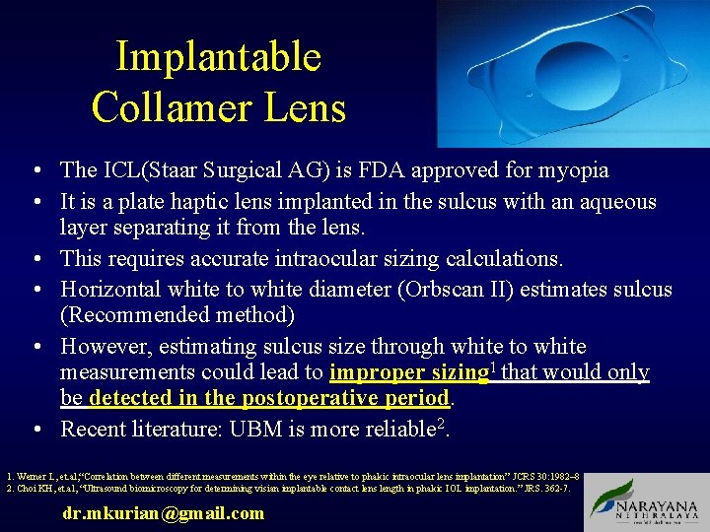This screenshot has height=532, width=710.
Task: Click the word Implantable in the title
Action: coord(218,56)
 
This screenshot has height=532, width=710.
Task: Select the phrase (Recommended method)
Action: coord(177,315)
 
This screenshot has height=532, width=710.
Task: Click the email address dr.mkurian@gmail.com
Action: coord(163,512)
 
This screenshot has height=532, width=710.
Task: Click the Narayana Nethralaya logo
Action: coord(646,501)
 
